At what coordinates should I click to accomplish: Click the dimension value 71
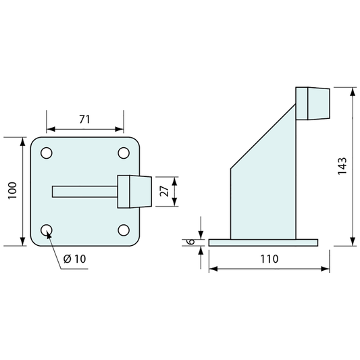(84, 119)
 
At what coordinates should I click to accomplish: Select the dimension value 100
(12, 190)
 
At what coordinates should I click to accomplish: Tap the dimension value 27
(164, 191)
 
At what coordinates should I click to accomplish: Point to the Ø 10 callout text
(74, 259)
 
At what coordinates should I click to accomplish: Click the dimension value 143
(342, 166)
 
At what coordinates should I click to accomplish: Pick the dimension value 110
(269, 259)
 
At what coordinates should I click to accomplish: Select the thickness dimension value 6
(191, 242)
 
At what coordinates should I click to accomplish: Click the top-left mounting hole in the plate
(47, 153)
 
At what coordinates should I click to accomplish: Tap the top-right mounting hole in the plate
(124, 153)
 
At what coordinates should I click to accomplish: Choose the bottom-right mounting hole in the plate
(124, 230)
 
